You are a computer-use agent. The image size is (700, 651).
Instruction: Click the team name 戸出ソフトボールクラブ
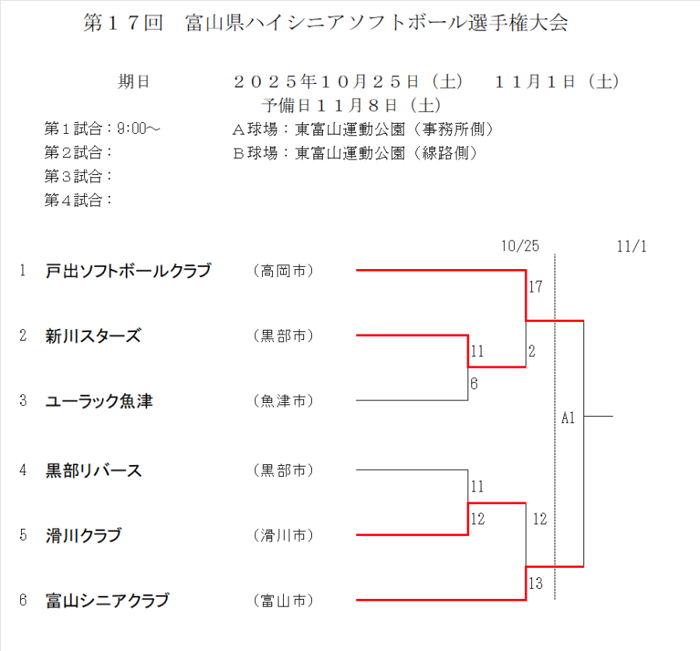(x=128, y=271)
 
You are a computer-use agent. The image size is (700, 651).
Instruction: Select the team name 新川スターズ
(x=93, y=336)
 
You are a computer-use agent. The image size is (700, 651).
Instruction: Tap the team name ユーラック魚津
(x=99, y=401)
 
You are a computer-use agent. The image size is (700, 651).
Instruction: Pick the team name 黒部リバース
(x=93, y=470)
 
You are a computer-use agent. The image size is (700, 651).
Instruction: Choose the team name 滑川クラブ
(x=83, y=535)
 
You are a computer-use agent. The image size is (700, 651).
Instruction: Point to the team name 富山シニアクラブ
(x=107, y=600)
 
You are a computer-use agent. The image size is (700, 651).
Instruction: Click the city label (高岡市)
(x=283, y=271)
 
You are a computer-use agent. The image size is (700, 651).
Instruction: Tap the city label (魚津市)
(x=283, y=401)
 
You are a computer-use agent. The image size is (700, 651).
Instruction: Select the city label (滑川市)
(x=283, y=535)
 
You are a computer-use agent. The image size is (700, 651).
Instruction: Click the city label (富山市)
(x=283, y=600)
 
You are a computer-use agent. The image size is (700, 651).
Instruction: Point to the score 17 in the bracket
(x=535, y=287)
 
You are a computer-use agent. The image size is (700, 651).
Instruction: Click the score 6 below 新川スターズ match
(x=474, y=383)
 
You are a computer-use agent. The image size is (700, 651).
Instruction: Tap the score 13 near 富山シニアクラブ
(x=535, y=583)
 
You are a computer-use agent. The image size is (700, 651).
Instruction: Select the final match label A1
(x=568, y=418)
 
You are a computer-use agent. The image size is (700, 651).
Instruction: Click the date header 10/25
(x=520, y=246)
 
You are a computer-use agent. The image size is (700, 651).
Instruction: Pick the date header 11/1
(x=632, y=246)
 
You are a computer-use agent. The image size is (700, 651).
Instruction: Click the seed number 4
(x=23, y=470)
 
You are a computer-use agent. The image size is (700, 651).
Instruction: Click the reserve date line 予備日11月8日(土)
(x=352, y=104)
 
